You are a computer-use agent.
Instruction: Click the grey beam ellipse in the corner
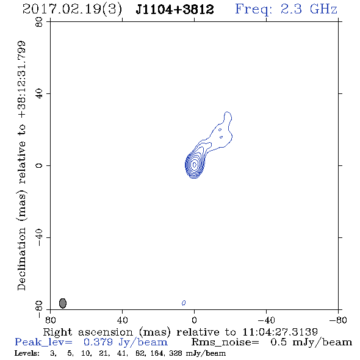[x=63, y=303]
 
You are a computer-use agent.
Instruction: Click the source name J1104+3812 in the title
[x=175, y=9]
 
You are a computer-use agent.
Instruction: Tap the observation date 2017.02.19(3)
[x=72, y=10]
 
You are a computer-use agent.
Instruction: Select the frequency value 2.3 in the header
[x=291, y=9]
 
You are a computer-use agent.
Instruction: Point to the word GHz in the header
[x=323, y=9]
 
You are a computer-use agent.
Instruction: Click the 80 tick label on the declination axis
[x=39, y=22]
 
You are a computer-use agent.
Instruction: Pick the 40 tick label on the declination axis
[x=39, y=94]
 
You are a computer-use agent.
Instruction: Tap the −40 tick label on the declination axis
[x=39, y=237]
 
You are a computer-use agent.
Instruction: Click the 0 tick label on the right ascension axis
[x=194, y=320]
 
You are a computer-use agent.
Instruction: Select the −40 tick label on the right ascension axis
[x=266, y=320]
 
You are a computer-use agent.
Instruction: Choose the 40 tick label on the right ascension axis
[x=122, y=320]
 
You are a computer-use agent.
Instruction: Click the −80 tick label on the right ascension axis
[x=338, y=320]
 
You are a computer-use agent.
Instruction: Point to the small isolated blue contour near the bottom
[x=184, y=303]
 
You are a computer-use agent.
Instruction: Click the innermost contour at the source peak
[x=195, y=164]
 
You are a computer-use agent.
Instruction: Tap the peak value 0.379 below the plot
[x=98, y=342]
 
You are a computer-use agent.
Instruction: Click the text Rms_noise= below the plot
[x=225, y=342]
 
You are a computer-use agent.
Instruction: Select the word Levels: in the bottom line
[x=27, y=353]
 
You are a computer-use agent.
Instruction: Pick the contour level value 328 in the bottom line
[x=175, y=353]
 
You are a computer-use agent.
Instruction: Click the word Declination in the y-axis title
[x=21, y=259]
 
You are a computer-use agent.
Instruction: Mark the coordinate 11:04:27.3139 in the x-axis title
[x=280, y=332]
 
